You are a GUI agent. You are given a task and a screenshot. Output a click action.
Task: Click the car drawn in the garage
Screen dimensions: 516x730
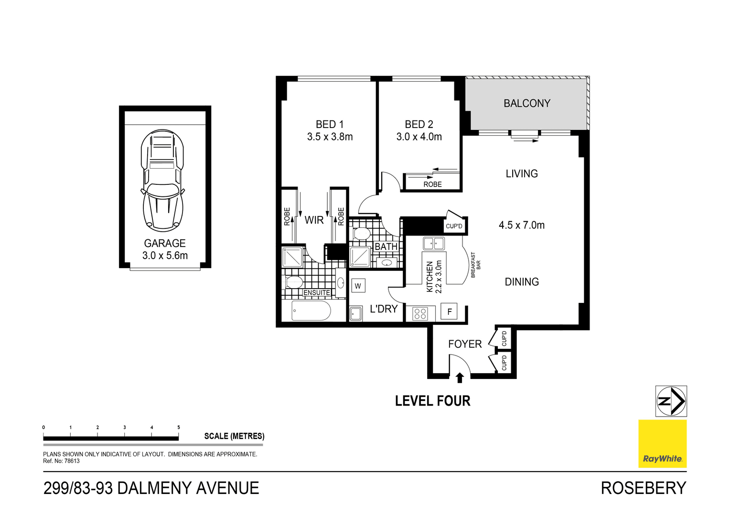click(x=163, y=180)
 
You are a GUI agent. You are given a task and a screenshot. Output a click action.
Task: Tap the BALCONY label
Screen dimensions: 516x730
click(x=527, y=103)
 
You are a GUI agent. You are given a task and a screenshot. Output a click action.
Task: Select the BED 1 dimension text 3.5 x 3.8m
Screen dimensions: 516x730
click(x=330, y=137)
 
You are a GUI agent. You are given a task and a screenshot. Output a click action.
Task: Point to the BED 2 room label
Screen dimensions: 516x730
click(x=419, y=124)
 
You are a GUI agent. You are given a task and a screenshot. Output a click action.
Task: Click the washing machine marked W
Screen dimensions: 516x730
click(x=358, y=286)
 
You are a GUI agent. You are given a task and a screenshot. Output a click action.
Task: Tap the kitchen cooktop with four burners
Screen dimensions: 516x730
click(x=420, y=314)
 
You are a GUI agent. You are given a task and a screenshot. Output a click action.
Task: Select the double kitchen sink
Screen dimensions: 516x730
click(x=433, y=244)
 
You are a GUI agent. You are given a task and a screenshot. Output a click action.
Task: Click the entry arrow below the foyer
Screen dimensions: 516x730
click(x=460, y=378)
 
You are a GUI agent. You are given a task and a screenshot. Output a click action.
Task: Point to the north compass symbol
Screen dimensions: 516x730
click(x=671, y=401)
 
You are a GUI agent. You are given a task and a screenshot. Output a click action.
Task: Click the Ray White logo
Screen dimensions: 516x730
click(x=662, y=444)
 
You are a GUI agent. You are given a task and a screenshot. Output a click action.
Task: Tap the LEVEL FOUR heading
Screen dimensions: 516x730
click(x=432, y=401)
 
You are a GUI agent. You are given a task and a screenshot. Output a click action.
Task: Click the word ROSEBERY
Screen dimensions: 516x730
click(x=643, y=488)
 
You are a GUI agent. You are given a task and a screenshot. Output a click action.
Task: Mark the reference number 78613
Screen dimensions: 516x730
click(x=72, y=461)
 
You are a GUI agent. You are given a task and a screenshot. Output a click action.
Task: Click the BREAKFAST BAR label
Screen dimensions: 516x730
click(x=476, y=265)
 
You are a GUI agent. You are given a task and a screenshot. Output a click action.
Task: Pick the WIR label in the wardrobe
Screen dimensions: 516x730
click(x=314, y=220)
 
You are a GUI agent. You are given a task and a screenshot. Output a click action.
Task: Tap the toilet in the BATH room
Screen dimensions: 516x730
click(x=362, y=234)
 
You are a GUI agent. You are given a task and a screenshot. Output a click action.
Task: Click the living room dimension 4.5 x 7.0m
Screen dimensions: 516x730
click(x=522, y=225)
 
